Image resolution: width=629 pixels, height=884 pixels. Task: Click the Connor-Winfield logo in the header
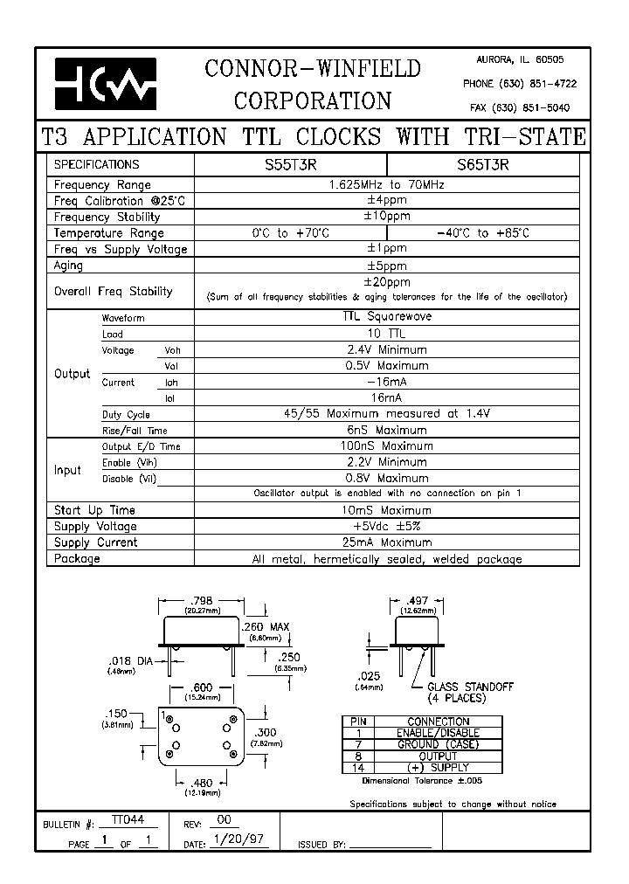[106, 83]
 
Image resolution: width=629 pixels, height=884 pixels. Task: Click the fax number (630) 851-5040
[520, 107]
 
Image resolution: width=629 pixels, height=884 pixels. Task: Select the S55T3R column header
[288, 164]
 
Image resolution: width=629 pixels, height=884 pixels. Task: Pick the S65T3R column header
[482, 164]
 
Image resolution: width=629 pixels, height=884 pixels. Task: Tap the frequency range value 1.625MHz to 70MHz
[386, 185]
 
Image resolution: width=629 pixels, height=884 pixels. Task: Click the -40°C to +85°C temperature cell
[482, 233]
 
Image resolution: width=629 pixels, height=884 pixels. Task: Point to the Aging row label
[69, 266]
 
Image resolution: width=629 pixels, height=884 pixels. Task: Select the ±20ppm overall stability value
[386, 282]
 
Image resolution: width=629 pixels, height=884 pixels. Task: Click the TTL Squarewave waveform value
[386, 318]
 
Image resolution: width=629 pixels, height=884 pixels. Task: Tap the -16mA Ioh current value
[386, 382]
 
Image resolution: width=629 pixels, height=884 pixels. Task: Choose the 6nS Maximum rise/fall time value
[386, 430]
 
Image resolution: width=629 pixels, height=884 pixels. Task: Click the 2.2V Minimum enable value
[386, 462]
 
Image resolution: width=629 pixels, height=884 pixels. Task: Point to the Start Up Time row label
[94, 510]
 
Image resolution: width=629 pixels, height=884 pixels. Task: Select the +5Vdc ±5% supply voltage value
[386, 526]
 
